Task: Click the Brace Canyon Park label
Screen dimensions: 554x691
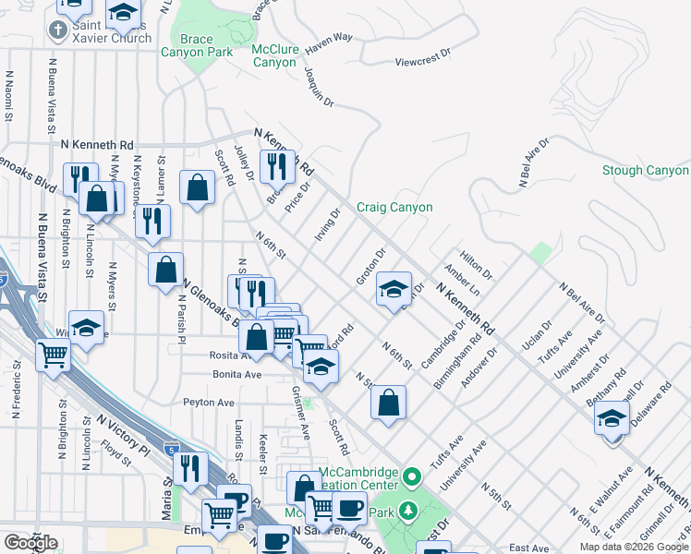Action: pyautogui.click(x=197, y=46)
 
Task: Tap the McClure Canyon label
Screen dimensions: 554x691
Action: pyautogui.click(x=274, y=55)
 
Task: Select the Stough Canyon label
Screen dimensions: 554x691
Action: pyautogui.click(x=645, y=171)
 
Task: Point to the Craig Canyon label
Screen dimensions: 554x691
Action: pyautogui.click(x=394, y=208)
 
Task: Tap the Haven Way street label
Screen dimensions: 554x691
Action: pyautogui.click(x=330, y=38)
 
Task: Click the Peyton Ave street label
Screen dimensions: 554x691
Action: pyautogui.click(x=208, y=403)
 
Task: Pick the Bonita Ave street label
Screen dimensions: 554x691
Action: pyautogui.click(x=236, y=375)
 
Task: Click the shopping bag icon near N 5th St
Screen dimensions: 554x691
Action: pyautogui.click(x=390, y=402)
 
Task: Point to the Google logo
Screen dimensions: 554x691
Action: pyautogui.click(x=31, y=543)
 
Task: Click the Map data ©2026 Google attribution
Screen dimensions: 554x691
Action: pyautogui.click(x=634, y=547)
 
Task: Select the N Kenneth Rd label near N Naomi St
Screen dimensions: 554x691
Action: pyautogui.click(x=97, y=145)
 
